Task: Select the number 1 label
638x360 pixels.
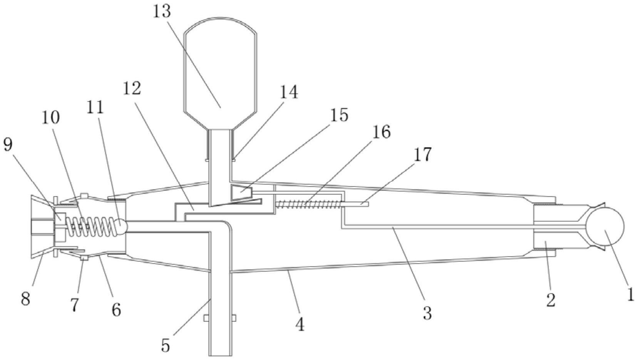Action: [630, 295]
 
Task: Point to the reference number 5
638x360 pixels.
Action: [165, 345]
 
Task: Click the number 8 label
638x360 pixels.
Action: [25, 298]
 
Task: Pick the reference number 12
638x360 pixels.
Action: [132, 89]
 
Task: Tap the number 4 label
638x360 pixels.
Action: [300, 324]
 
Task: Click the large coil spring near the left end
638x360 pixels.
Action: [90, 226]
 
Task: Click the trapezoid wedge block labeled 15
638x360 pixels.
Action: [241, 192]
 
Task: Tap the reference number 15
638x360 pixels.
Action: [339, 115]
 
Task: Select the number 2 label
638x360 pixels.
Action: [551, 300]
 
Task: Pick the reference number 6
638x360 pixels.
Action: [116, 309]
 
